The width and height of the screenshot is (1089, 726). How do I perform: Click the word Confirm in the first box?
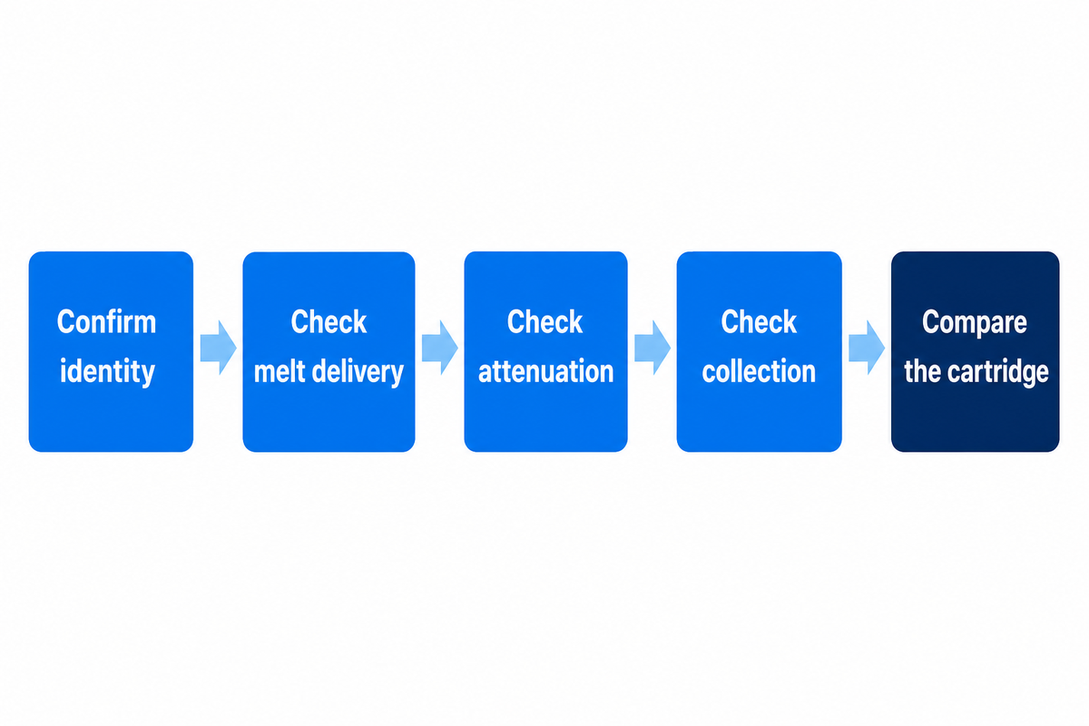tap(106, 321)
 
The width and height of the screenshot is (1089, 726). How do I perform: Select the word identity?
tap(107, 372)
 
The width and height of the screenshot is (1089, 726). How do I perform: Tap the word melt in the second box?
tap(280, 371)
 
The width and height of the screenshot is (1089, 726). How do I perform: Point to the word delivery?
tap(358, 372)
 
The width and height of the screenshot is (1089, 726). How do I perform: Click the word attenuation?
tap(546, 372)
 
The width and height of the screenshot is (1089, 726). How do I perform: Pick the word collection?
tap(759, 371)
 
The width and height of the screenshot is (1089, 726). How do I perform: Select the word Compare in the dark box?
tap(975, 322)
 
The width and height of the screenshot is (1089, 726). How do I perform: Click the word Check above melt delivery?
tap(329, 321)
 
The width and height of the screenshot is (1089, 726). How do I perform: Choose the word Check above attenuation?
tap(545, 321)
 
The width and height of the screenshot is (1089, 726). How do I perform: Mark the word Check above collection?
tap(759, 321)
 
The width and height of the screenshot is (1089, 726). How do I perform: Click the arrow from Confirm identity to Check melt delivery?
tap(219, 348)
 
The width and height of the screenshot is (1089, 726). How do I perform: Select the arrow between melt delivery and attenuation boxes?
tap(439, 348)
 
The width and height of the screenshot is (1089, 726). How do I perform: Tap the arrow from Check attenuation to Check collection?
tap(652, 348)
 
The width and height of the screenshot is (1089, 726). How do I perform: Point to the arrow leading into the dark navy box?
tap(867, 348)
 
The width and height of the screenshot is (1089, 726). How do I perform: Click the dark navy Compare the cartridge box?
tap(976, 351)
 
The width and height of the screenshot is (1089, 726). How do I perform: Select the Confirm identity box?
tap(111, 351)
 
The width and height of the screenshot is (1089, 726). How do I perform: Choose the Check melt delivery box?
tap(329, 351)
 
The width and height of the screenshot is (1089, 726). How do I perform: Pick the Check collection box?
tap(759, 351)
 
